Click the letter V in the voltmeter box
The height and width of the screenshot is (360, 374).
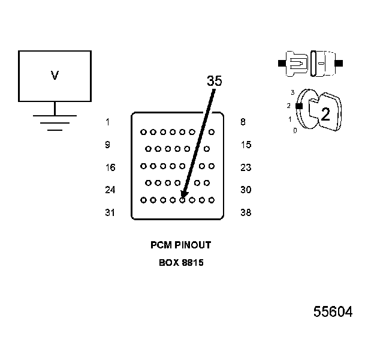click(55, 76)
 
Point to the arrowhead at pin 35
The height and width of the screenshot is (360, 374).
click(183, 196)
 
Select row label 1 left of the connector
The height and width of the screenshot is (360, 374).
click(107, 122)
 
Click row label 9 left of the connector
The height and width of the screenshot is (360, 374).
click(107, 145)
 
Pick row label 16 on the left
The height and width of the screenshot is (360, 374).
click(110, 167)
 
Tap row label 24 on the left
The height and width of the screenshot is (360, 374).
click(110, 190)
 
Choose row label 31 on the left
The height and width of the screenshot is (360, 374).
click(110, 213)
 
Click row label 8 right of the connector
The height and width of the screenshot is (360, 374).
click(242, 122)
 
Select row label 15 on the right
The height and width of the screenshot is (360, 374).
click(245, 145)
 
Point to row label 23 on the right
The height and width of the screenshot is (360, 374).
click(245, 167)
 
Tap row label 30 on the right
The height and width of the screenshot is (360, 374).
click(245, 190)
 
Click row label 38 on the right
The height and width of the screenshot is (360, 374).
click(245, 213)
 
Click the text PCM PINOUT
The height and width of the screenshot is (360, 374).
click(180, 245)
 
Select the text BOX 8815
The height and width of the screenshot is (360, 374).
click(180, 262)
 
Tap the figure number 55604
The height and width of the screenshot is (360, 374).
click(333, 312)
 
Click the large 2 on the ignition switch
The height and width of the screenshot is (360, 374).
click(325, 115)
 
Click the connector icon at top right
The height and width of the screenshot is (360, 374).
click(310, 62)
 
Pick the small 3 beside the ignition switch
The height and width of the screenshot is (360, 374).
click(292, 92)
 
